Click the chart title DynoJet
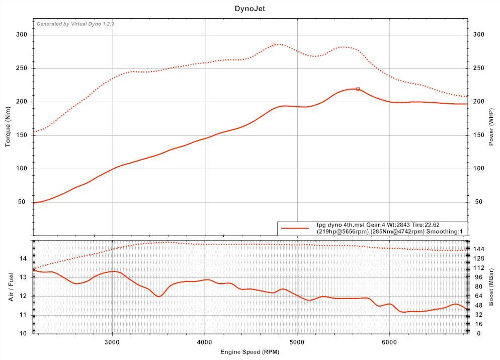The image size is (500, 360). [249, 9]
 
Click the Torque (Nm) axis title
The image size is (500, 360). [8, 127]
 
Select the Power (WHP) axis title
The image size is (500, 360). [491, 127]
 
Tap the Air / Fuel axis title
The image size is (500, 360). [11, 286]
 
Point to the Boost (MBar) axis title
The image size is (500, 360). [491, 286]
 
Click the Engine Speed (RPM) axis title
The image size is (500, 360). [249, 352]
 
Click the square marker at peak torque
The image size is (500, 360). [274, 44]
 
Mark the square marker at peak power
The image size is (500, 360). [358, 89]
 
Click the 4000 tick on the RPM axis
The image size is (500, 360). [204, 342]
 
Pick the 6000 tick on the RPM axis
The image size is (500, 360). [389, 342]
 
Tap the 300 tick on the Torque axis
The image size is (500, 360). [21, 35]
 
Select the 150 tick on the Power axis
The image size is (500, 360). [478, 135]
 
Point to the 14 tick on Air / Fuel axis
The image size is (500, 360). [23, 259]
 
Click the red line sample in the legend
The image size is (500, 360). [295, 228]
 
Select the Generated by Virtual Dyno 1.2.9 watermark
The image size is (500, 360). [75, 24]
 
